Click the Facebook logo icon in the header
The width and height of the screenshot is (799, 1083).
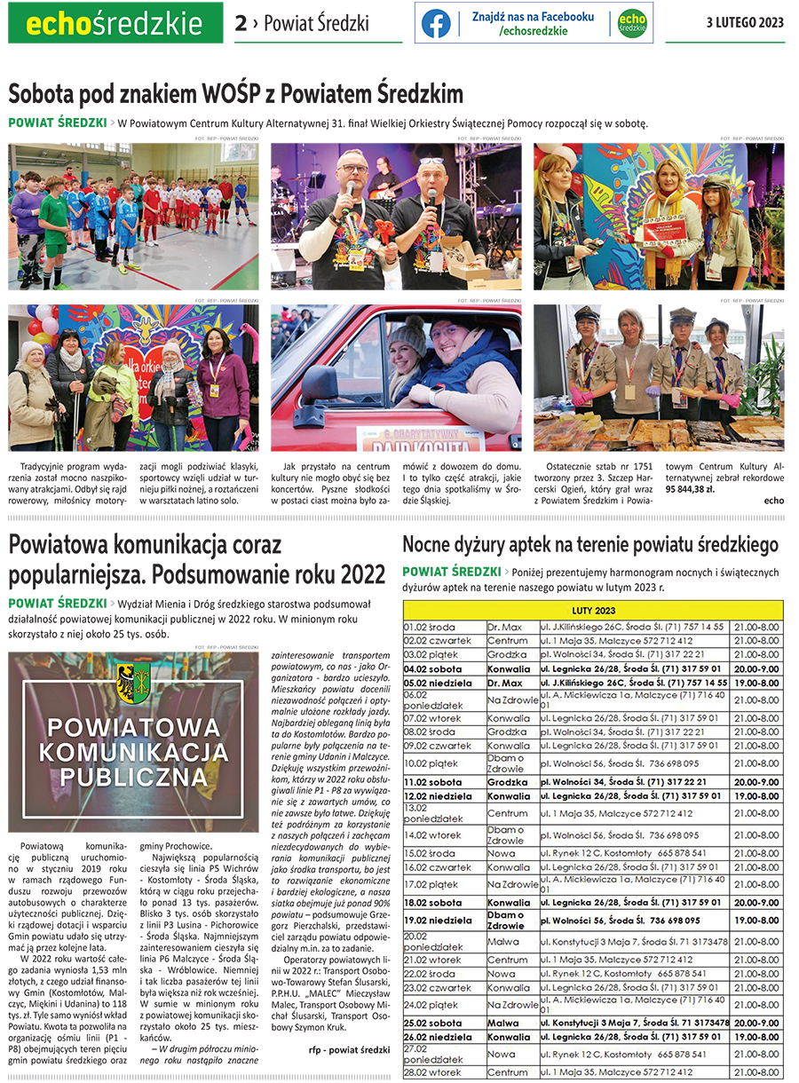click(436, 24)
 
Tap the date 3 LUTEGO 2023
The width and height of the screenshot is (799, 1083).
click(745, 23)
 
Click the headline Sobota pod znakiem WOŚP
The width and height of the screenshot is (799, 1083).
click(236, 94)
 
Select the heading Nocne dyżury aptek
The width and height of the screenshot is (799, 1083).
click(590, 544)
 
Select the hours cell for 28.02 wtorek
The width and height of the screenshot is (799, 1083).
click(756, 1072)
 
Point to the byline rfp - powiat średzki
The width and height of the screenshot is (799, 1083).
click(349, 1050)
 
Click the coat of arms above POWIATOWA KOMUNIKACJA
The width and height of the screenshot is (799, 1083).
click(132, 682)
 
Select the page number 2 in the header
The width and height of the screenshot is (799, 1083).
click(240, 24)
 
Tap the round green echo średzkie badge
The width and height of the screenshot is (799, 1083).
click(632, 24)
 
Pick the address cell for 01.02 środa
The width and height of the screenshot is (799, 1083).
click(632, 626)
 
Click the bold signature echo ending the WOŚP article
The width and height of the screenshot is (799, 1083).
click(773, 501)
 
